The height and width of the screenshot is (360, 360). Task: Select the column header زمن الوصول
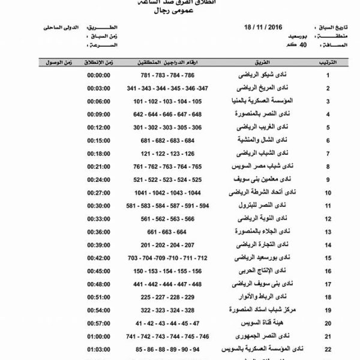pos(53,62)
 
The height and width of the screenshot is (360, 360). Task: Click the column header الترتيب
pos(328,62)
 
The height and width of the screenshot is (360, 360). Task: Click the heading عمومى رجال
pos(180,10)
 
